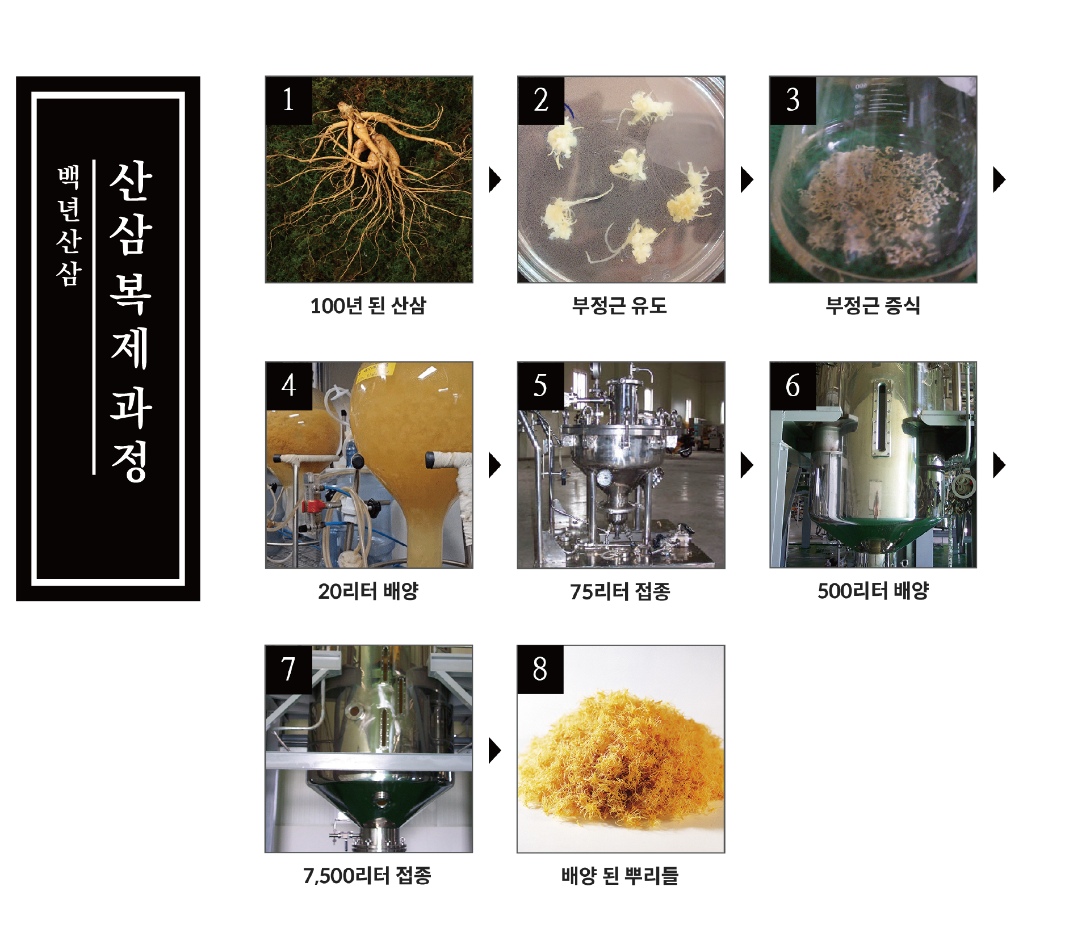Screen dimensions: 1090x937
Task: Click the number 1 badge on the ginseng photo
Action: tap(289, 100)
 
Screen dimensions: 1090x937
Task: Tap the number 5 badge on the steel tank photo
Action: tap(541, 386)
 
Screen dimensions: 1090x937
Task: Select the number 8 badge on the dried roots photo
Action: tap(540, 670)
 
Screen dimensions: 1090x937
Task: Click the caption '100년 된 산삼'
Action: tap(368, 306)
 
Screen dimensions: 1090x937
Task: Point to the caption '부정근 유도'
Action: tap(620, 306)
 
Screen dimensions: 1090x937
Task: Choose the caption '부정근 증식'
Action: tap(873, 306)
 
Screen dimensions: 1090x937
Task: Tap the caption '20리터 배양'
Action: tap(368, 591)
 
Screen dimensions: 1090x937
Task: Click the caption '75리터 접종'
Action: tap(621, 591)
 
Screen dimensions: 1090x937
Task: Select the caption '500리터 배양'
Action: tap(873, 591)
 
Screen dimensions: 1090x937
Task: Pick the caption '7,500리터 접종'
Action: tap(367, 876)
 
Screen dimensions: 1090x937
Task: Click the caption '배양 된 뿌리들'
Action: tap(620, 876)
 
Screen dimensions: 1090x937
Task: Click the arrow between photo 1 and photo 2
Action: tap(495, 180)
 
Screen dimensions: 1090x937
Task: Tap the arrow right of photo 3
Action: tap(999, 180)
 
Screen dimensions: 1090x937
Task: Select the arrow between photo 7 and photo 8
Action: tap(495, 750)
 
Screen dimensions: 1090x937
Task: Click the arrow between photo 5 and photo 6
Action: tap(747, 465)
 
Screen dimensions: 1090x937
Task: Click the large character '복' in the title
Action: tap(131, 293)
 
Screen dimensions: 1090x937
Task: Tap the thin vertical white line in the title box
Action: tap(94, 317)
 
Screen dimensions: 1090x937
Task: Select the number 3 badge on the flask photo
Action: tap(793, 100)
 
